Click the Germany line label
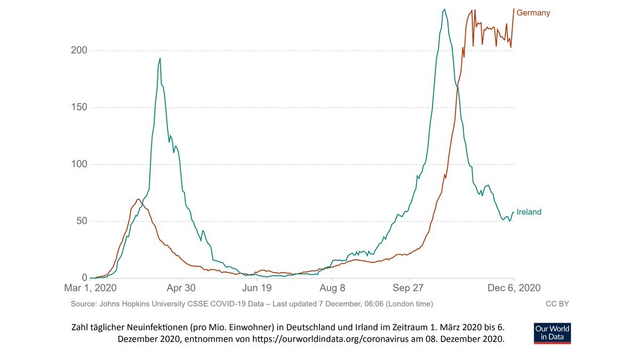pyautogui.click(x=533, y=13)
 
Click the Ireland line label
pyautogui.click(x=529, y=212)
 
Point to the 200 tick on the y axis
pyautogui.click(x=79, y=50)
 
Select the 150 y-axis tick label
pyautogui.click(x=79, y=107)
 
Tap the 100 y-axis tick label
pyautogui.click(x=79, y=164)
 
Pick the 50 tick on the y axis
pyautogui.click(x=82, y=221)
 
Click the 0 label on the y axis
pyautogui.click(x=84, y=278)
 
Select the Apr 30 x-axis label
pyautogui.click(x=181, y=288)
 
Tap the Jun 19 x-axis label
pyautogui.click(x=257, y=288)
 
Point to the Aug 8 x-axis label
pyautogui.click(x=332, y=288)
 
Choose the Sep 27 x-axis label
pyautogui.click(x=408, y=288)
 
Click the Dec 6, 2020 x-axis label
pyautogui.click(x=514, y=288)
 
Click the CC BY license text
pyautogui.click(x=557, y=304)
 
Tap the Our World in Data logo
pyautogui.click(x=552, y=333)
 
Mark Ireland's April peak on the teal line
pyautogui.click(x=159, y=59)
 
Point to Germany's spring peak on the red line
pyautogui.click(x=138, y=199)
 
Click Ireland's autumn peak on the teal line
pyautogui.click(x=444, y=10)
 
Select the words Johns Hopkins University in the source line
pyautogui.click(x=140, y=304)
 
